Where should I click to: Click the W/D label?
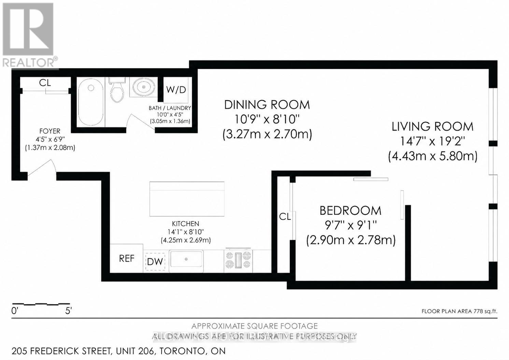click(176, 90)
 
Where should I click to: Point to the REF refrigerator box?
click(127, 259)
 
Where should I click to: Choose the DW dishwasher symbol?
click(155, 262)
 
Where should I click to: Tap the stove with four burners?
click(238, 260)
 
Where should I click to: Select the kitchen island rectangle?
click(187, 199)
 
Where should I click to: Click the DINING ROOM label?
click(267, 105)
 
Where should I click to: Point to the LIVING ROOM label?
click(433, 127)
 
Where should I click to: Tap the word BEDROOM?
click(350, 211)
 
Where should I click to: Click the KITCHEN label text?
click(185, 224)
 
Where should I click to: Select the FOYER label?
click(50, 131)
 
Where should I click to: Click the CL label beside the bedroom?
click(285, 216)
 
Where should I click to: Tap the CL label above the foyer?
click(45, 83)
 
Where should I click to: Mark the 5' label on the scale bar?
click(68, 311)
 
